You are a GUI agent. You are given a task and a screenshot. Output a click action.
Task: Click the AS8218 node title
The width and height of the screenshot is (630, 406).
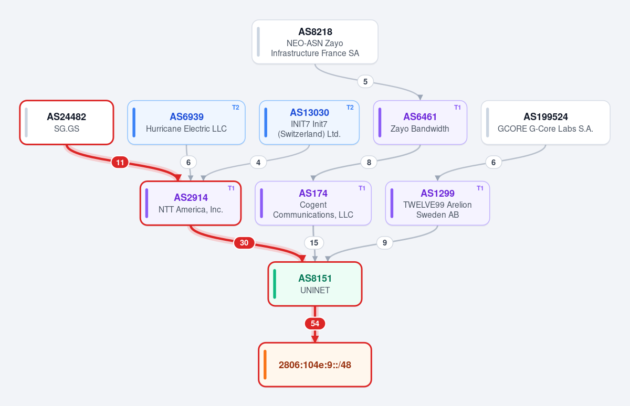pyautogui.click(x=315, y=32)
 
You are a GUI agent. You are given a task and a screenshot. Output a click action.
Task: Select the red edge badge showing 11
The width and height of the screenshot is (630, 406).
pyautogui.click(x=120, y=163)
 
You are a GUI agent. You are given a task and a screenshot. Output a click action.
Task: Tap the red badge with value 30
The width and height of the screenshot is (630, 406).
pyautogui.click(x=244, y=243)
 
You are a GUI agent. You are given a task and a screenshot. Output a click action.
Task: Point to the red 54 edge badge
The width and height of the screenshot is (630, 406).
pyautogui.click(x=315, y=324)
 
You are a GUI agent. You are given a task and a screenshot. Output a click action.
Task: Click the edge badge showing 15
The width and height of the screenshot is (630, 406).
pyautogui.click(x=314, y=243)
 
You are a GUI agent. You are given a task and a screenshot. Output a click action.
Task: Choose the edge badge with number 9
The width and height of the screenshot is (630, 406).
pyautogui.click(x=384, y=243)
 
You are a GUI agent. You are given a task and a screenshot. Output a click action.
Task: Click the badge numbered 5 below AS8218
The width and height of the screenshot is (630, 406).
pyautogui.click(x=365, y=82)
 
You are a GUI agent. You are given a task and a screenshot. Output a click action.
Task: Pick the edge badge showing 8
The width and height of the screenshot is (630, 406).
pyautogui.click(x=369, y=163)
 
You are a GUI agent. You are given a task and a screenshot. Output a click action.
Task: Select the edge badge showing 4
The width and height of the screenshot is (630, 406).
pyautogui.click(x=258, y=163)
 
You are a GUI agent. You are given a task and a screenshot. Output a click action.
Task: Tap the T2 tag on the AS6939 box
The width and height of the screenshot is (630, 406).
pyautogui.click(x=235, y=108)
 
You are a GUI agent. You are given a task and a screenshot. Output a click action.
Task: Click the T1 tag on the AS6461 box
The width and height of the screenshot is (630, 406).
pyautogui.click(x=457, y=108)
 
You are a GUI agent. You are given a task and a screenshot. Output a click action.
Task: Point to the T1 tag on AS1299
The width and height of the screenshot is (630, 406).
pyautogui.click(x=480, y=188)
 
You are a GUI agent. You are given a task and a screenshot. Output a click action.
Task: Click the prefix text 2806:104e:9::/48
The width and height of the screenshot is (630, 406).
pyautogui.click(x=315, y=365)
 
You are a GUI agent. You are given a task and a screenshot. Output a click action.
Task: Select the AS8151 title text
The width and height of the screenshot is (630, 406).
pyautogui.click(x=315, y=278)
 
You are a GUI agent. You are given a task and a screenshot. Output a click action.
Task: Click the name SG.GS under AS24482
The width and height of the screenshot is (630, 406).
pyautogui.click(x=67, y=129)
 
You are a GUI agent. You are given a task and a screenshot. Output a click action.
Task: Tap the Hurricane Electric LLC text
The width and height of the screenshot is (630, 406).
pyautogui.click(x=186, y=129)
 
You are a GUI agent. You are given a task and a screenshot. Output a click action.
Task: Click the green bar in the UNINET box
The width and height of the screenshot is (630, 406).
pyautogui.click(x=275, y=284)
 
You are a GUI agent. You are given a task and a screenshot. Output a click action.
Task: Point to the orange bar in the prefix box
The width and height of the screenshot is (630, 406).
pyautogui.click(x=265, y=365)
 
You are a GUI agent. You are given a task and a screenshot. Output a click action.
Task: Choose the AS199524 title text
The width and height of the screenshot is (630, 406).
pyautogui.click(x=545, y=116)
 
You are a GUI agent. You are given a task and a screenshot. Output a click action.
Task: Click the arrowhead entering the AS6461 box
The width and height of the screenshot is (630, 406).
pyautogui.click(x=420, y=98)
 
